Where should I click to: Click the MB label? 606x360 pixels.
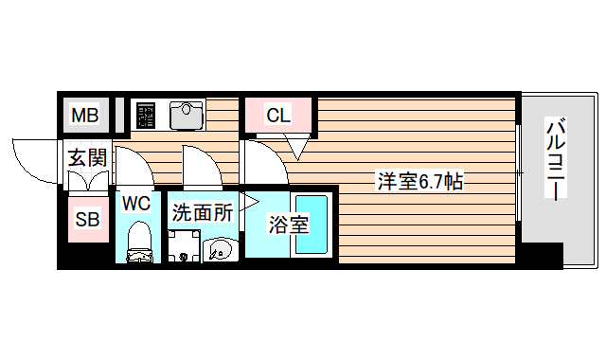coord(86,117)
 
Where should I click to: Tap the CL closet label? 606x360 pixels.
coord(278,117)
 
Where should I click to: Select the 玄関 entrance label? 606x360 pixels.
coord(86,157)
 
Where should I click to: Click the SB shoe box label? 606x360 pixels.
coord(87,220)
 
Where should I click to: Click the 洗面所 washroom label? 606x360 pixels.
coord(202,213)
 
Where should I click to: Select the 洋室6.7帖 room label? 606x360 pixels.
coord(420,181)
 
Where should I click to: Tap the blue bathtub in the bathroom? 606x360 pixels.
coord(311,224)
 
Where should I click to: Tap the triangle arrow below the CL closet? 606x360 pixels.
coord(297,147)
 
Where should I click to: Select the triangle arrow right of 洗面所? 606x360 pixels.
coord(249,201)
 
